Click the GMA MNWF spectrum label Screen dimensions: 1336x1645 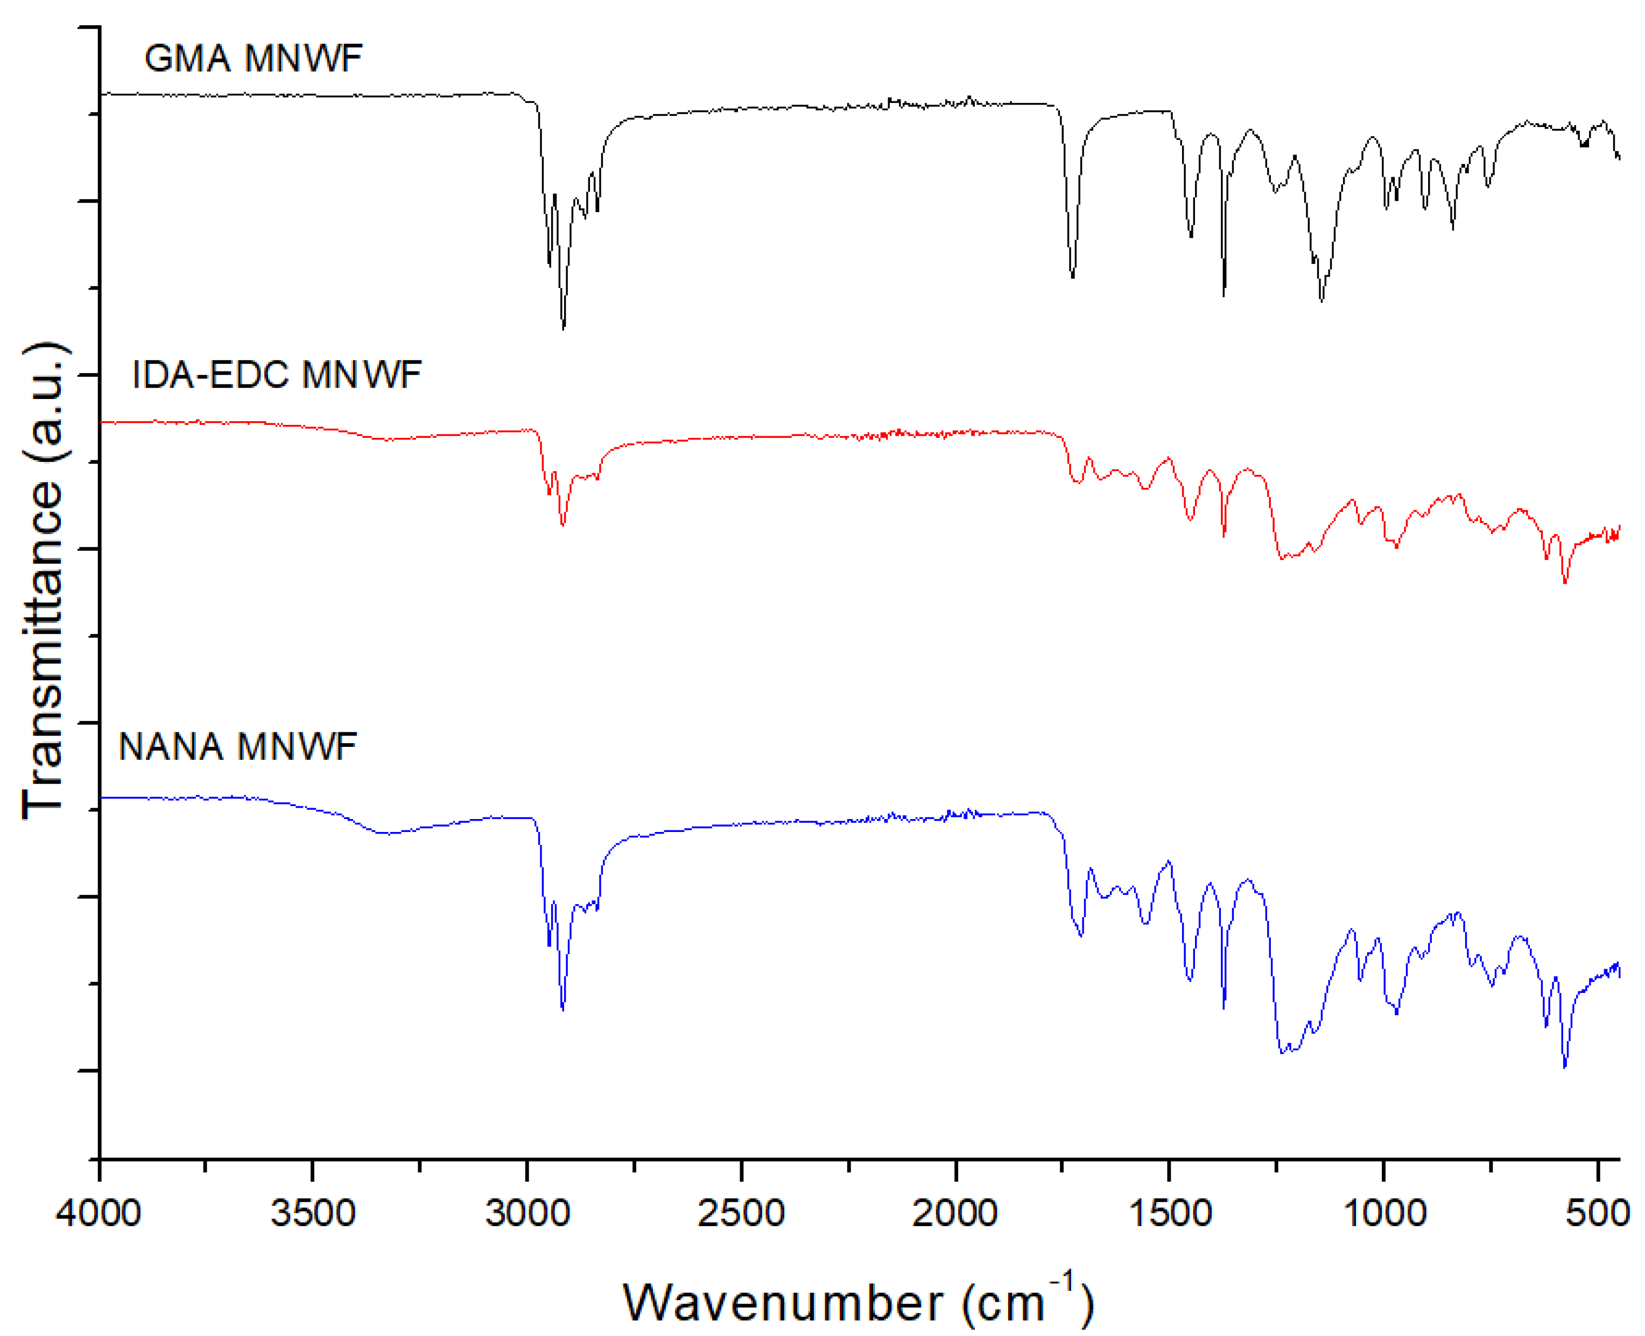pyautogui.click(x=253, y=59)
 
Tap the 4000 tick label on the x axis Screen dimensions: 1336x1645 pyautogui.click(x=99, y=1214)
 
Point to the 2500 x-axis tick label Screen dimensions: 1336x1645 pyautogui.click(x=741, y=1214)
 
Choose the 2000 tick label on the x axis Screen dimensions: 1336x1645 pyautogui.click(x=955, y=1214)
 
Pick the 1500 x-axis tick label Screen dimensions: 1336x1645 pyautogui.click(x=1170, y=1214)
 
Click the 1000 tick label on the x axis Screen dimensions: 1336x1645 pyautogui.click(x=1384, y=1214)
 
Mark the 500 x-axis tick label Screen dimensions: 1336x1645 pyautogui.click(x=1598, y=1214)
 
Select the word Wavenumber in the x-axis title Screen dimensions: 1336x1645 pyautogui.click(x=783, y=1302)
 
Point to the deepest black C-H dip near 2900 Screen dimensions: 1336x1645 pyautogui.click(x=563, y=327)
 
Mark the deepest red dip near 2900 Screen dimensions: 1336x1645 pyautogui.click(x=563, y=525)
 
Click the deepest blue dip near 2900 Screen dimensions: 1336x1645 pyautogui.click(x=563, y=1009)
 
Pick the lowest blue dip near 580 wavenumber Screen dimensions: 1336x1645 pyautogui.click(x=1564, y=1067)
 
